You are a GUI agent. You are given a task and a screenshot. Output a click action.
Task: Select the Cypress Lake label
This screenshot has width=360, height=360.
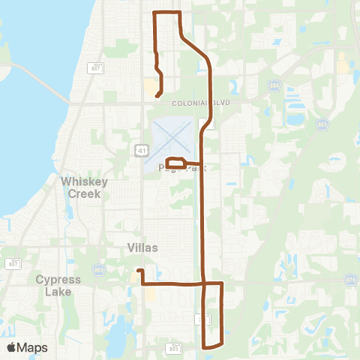click(58, 286)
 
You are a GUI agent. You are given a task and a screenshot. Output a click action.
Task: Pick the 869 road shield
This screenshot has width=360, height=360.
click(97, 268)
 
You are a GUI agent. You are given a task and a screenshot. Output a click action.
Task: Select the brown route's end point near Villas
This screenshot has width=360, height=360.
click(139, 270)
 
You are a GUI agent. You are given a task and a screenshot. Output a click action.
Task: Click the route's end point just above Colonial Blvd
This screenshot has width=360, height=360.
click(156, 96)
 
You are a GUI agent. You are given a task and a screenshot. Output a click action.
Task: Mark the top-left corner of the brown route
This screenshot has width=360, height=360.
click(154, 13)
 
